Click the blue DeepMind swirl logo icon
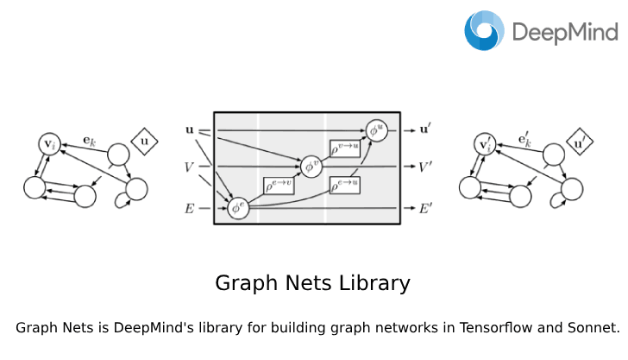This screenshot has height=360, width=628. pyautogui.click(x=485, y=30)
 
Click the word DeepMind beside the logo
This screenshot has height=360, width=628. pyautogui.click(x=565, y=33)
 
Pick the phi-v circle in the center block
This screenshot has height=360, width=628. pyautogui.click(x=311, y=166)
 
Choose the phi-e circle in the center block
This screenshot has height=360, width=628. pyautogui.click(x=239, y=208)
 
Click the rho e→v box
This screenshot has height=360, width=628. pyautogui.click(x=279, y=185)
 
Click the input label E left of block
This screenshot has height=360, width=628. pyautogui.click(x=190, y=207)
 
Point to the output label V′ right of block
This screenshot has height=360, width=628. pyautogui.click(x=425, y=166)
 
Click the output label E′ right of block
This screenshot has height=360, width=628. pyautogui.click(x=425, y=208)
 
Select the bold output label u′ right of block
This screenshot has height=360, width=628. pyautogui.click(x=425, y=130)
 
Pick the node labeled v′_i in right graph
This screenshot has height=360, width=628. pyautogui.click(x=487, y=143)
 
